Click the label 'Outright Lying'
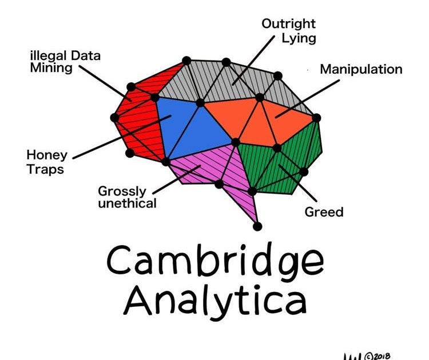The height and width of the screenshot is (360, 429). coord(288,31)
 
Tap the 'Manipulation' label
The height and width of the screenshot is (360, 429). coord(361,70)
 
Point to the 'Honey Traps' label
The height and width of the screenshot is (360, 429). coord(46,162)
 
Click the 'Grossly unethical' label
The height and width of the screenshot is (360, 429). coord(127,197)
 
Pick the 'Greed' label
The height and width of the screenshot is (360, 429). coord(324,212)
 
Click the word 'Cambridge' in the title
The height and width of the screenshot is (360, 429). coord(214,260)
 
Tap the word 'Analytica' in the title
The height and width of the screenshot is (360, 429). coord(214,301)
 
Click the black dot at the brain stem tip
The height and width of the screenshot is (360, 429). coord(257,226)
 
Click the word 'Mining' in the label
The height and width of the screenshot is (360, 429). coord(52,68)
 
